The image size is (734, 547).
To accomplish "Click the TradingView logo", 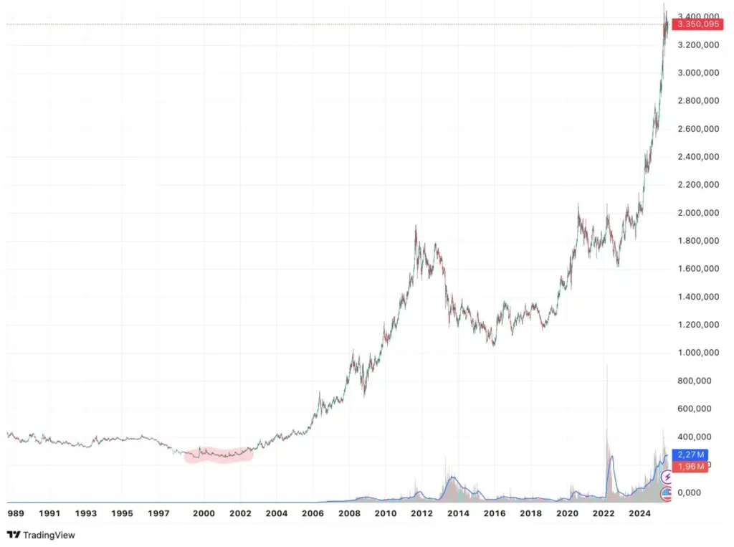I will [x=41, y=535].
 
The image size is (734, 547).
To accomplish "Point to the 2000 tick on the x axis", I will [x=204, y=513].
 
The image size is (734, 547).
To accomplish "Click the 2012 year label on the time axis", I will [x=421, y=513].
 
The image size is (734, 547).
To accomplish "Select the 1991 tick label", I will [x=49, y=513].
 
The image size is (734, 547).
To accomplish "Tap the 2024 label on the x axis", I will [x=639, y=513].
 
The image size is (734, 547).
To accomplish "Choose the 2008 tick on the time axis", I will [x=349, y=513].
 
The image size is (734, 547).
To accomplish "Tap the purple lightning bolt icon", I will [x=667, y=477].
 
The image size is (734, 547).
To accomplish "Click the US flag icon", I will [x=667, y=493].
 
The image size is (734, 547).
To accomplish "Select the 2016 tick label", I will [x=495, y=513].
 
